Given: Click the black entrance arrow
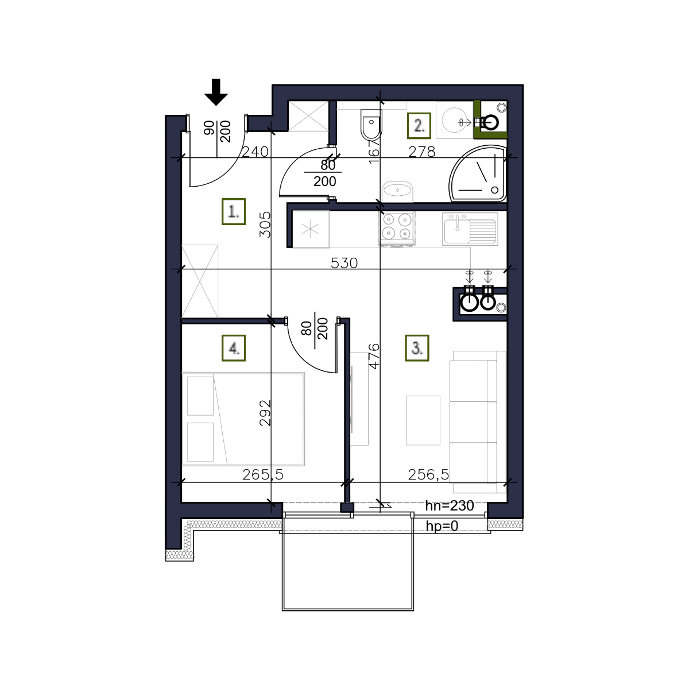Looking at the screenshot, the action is pos(216,92).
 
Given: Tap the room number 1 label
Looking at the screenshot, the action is pos(234,212).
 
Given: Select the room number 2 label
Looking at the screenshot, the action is pos(419,126).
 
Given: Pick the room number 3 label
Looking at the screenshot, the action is pos(417,348).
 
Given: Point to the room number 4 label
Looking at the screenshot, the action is pos(234,348).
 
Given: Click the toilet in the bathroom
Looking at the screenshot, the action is pos(371,125).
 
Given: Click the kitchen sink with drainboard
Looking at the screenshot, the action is pos(470,229).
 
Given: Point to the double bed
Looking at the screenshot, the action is pos(243,419).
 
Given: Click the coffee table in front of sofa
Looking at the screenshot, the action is pos(423,420).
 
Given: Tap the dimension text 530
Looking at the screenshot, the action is pos(344,263).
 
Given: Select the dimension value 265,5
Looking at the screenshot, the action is pos(263,475).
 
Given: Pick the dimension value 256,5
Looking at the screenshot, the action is pos(428,475).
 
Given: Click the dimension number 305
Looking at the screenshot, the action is pos(265,225).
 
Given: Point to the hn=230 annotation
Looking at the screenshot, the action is pos(450,506).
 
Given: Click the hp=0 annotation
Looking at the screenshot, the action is pos(442,526).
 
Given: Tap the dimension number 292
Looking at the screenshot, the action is pos(265,413).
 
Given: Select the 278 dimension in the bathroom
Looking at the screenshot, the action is pos(422,152).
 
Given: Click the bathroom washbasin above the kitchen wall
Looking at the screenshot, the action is pos(397,192).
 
